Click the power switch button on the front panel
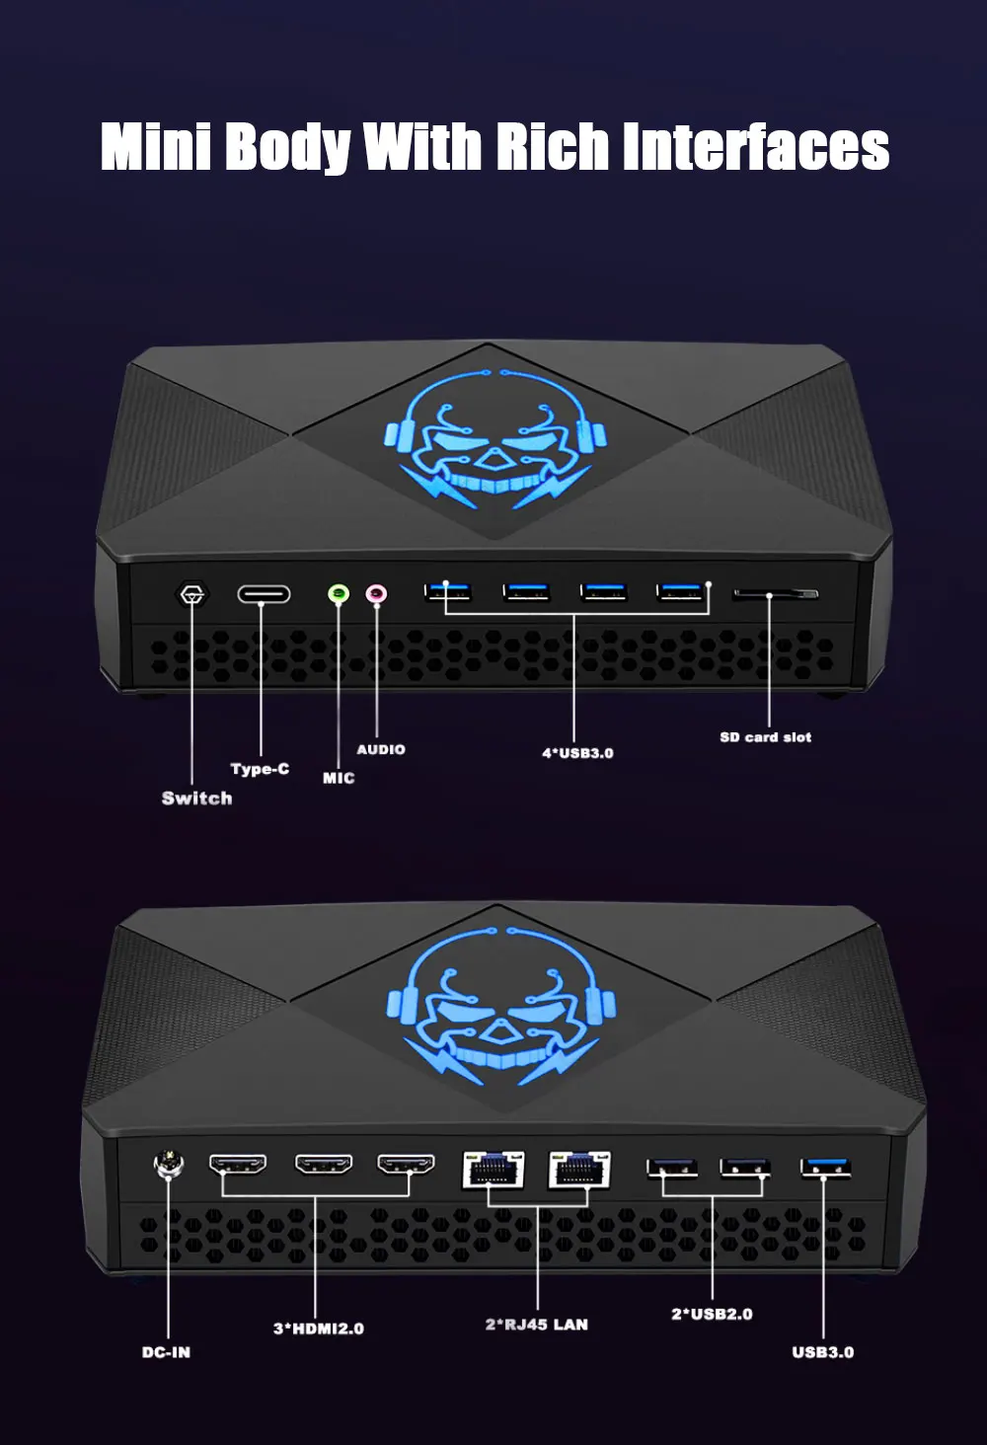[x=192, y=595]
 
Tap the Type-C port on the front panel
[x=264, y=594]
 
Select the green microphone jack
[x=339, y=594]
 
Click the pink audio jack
[x=376, y=594]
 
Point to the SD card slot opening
[x=775, y=594]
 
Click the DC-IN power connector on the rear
[x=168, y=1166]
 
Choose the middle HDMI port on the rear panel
[x=324, y=1166]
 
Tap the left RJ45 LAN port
[x=493, y=1170]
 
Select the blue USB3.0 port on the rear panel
[x=825, y=1169]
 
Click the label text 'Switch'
[x=196, y=799]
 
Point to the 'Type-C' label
[x=260, y=769]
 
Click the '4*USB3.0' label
[x=577, y=753]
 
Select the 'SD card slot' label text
[x=765, y=737]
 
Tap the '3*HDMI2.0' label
[x=318, y=1329]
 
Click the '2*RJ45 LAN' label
[x=536, y=1325]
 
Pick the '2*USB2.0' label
[x=712, y=1314]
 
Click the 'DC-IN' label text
[x=166, y=1352]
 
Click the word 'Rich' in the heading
[x=553, y=147]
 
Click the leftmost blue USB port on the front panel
[x=448, y=592]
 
